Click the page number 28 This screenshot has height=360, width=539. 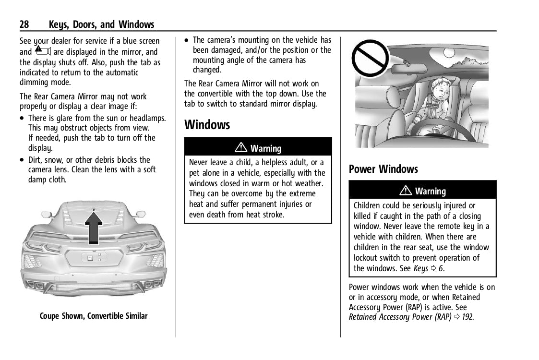coord(24,24)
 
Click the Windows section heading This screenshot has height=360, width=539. coord(207,125)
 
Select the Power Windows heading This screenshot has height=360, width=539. coord(383,169)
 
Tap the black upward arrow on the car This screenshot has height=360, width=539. coord(94,228)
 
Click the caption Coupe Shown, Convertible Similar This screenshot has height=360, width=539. coord(94,316)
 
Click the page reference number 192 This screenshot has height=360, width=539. coord(467,317)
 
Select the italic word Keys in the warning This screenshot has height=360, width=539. coord(420,268)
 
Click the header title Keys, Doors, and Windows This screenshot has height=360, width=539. coord(101,24)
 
